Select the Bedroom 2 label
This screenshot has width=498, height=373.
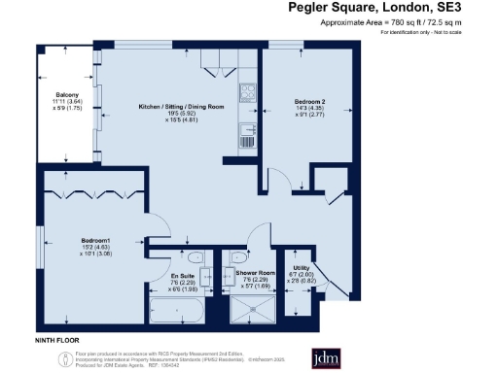(309, 101)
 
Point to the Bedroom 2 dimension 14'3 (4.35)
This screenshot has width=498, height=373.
(309, 110)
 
